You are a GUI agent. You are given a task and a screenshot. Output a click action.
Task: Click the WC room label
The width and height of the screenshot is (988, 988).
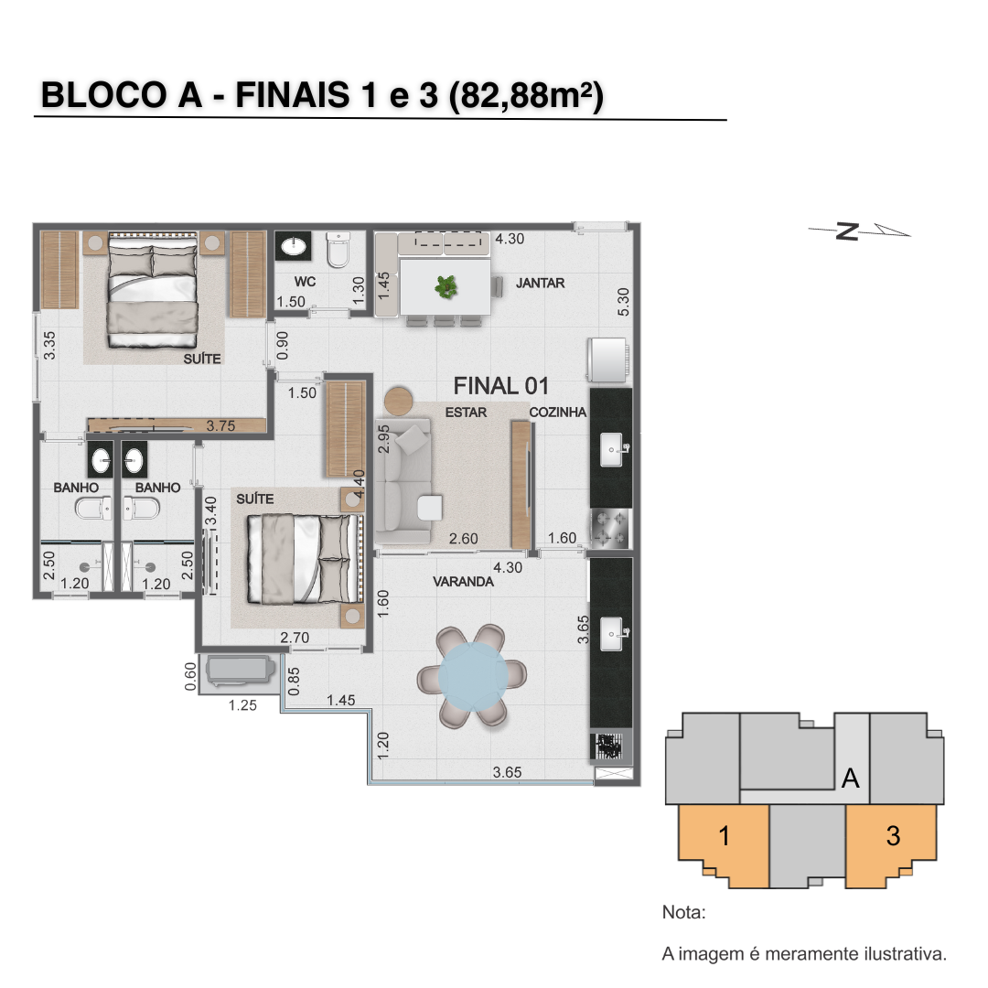point(305,282)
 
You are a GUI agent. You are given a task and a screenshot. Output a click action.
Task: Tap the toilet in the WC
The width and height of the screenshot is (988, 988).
point(338,250)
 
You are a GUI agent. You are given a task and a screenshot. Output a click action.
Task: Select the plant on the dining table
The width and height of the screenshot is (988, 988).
point(446,287)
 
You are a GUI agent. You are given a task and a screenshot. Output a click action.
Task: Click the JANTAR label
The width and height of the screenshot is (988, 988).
point(540,283)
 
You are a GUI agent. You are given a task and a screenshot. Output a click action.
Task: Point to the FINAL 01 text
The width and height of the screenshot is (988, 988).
point(501,386)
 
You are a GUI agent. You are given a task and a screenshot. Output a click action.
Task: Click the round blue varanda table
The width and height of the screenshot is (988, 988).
point(473,675)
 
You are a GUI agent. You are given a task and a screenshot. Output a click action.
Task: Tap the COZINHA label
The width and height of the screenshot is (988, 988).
point(558,412)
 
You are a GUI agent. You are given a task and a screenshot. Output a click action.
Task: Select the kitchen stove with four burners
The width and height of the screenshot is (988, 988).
point(610,528)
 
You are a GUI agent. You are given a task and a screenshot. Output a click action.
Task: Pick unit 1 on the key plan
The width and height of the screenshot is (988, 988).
point(724,836)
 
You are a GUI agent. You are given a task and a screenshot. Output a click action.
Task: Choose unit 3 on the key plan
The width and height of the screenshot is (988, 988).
point(892,836)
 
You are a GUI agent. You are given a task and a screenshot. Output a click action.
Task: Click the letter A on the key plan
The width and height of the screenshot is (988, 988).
point(851,779)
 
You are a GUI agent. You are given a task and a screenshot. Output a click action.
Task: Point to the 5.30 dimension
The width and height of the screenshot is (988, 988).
point(623,302)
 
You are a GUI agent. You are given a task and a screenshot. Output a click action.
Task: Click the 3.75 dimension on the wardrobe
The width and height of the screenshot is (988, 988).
point(220,426)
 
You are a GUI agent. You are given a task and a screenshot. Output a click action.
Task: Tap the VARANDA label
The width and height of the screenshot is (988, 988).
point(463,582)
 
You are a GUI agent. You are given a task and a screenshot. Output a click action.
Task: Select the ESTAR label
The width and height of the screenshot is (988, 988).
point(466,413)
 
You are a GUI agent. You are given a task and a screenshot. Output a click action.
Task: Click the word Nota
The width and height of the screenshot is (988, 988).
point(683,912)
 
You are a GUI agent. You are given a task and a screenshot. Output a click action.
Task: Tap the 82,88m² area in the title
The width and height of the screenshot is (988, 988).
point(526,96)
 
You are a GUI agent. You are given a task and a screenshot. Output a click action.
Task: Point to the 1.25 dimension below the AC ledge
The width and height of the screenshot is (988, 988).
point(242,705)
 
